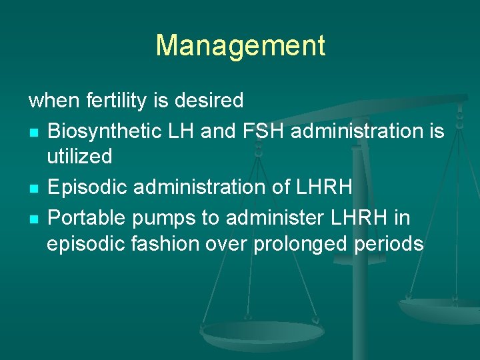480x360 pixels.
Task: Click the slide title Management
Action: [240, 45]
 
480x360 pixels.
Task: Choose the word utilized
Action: [79, 157]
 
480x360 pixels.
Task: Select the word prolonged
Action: [300, 244]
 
